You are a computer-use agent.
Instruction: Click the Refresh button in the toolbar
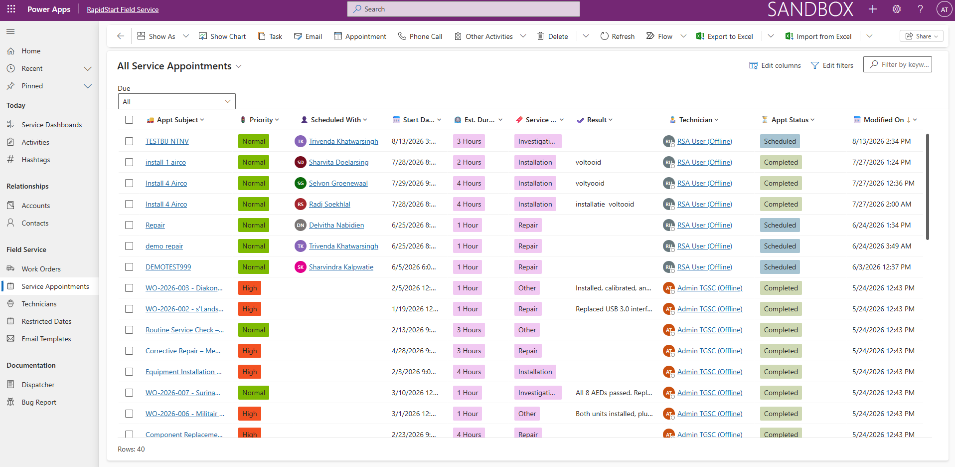point(617,36)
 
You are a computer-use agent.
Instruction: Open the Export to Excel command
point(724,36)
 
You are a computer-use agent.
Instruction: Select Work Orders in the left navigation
point(41,269)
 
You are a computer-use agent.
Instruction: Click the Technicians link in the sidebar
point(39,304)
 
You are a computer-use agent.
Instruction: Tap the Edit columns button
point(775,65)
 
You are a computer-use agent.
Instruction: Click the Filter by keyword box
point(898,64)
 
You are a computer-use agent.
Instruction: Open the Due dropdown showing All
point(176,101)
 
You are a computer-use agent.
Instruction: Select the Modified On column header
point(885,120)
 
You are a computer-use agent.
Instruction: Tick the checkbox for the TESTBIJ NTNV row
point(129,141)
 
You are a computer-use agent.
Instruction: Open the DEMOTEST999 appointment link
point(168,267)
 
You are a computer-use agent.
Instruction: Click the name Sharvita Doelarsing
point(339,162)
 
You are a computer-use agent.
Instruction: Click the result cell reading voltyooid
point(590,183)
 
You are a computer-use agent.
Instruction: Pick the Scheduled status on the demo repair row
point(780,246)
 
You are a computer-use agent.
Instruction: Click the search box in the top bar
point(464,9)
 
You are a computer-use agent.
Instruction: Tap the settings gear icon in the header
point(897,9)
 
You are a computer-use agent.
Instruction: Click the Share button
point(922,36)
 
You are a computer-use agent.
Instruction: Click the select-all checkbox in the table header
point(129,120)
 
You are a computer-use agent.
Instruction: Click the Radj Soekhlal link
point(329,204)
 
